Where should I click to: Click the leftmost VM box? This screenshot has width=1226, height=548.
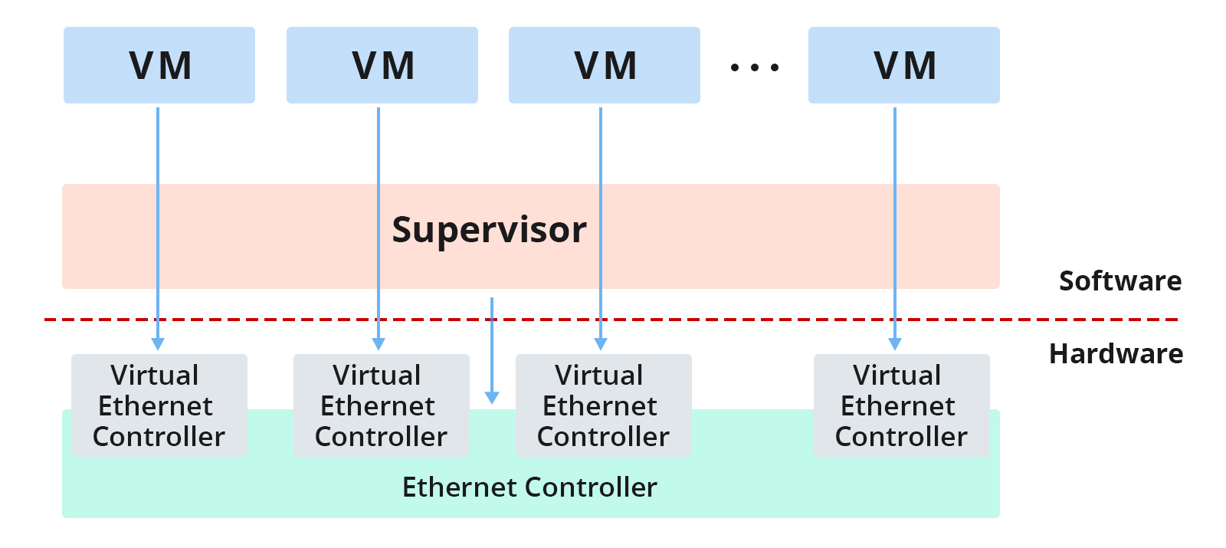159,65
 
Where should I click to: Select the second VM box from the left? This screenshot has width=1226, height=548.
382,65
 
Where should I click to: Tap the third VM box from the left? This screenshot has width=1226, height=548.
605,65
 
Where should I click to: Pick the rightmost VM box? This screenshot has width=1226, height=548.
903,65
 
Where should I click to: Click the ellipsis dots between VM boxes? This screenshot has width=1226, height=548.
755,67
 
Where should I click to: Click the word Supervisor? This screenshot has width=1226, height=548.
490,231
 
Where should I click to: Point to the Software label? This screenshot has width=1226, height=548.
1120,281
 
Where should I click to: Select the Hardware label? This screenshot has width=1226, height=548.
1116,353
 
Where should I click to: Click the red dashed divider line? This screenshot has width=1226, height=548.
611,319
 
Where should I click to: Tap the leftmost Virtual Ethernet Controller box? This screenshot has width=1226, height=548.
159,405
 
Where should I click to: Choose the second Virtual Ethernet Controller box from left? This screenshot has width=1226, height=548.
382,405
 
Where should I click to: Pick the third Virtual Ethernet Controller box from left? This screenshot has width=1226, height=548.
604,405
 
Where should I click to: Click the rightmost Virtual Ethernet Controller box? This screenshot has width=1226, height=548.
901,405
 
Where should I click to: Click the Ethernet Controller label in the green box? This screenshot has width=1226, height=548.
529,487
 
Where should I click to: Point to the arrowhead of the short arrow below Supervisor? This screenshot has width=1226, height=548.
492,398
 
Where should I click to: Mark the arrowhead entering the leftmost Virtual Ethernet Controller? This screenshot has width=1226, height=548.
158,344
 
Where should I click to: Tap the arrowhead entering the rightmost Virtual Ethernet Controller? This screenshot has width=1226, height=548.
895,344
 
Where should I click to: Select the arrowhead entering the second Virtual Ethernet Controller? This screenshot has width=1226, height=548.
379,344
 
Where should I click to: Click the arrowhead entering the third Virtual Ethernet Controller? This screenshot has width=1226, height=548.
601,344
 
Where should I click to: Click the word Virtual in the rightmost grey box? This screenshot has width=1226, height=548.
897,376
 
